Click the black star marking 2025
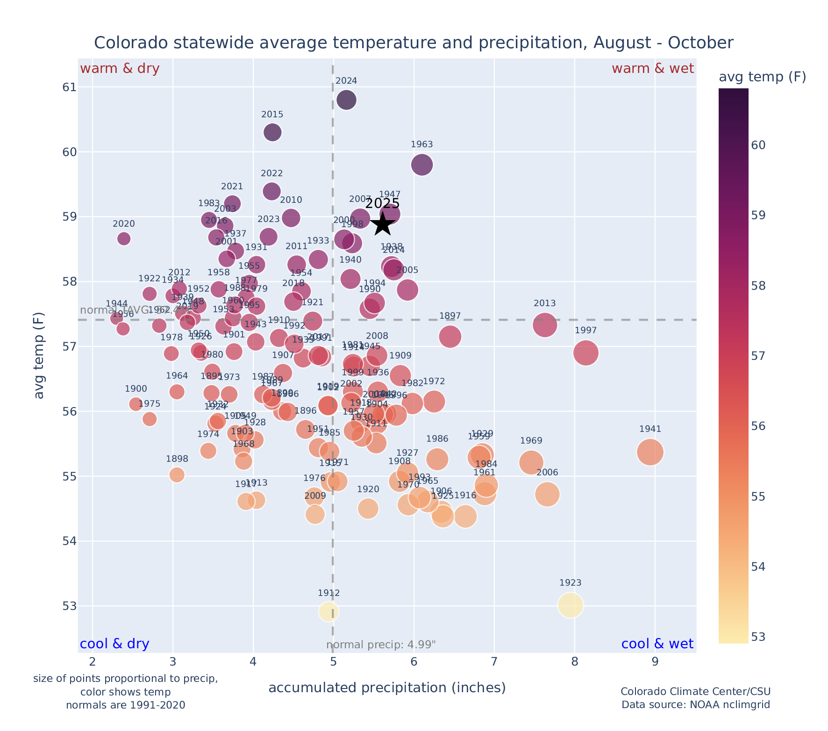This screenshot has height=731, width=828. click(383, 224)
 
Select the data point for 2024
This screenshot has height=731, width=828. click(346, 100)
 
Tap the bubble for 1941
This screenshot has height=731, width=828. click(650, 452)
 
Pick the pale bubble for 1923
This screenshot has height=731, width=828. click(570, 605)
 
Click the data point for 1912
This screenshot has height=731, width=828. click(328, 611)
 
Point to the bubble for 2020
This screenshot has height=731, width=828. click(124, 238)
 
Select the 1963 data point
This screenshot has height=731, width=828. click(422, 165)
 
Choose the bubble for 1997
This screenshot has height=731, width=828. click(585, 353)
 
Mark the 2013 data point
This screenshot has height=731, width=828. click(544, 325)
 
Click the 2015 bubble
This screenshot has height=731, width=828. click(272, 132)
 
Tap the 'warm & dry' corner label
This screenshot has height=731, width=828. click(120, 69)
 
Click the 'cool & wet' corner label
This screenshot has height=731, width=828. click(657, 644)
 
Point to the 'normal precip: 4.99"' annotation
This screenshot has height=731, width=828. click(381, 645)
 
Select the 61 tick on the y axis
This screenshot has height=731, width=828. click(69, 87)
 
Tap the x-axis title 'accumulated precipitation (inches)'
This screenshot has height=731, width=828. click(387, 688)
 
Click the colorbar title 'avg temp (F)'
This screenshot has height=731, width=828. click(762, 77)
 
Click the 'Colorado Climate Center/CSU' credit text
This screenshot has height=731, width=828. click(695, 692)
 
